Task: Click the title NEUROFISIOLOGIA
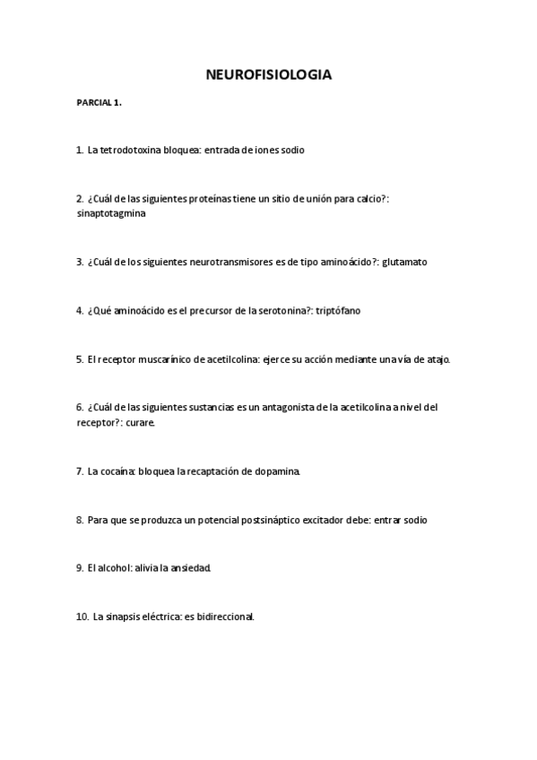coord(268,74)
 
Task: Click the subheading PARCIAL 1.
coord(99,103)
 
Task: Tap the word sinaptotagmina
coord(112,214)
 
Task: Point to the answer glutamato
coord(406,263)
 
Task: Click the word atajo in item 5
coord(438,359)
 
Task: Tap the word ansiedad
coord(189,568)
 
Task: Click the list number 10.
coord(82,617)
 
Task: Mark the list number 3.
coord(80,263)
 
